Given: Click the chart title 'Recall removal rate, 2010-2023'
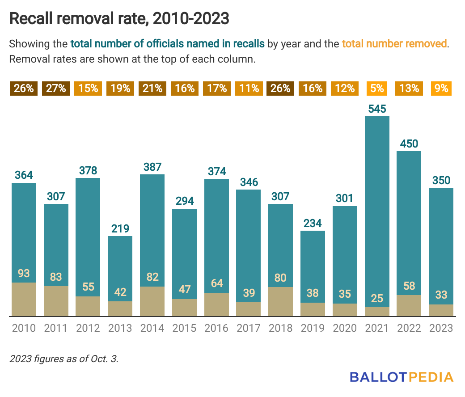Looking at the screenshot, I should [x=119, y=19].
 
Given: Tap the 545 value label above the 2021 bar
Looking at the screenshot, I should [x=376, y=109].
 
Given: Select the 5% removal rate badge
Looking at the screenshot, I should [x=376, y=89].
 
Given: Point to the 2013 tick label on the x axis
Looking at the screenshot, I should [x=120, y=328].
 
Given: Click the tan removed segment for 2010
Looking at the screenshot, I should [x=24, y=300].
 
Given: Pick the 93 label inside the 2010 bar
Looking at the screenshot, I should [x=24, y=273].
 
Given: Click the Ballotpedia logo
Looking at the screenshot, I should [x=401, y=377].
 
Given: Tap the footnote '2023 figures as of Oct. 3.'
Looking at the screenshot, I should [x=64, y=359].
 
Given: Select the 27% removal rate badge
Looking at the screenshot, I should [x=56, y=89].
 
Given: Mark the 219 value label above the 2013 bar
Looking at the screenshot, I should [x=120, y=229].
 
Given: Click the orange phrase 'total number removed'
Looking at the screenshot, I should [x=394, y=44].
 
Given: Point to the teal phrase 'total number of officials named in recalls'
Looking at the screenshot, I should [x=168, y=44].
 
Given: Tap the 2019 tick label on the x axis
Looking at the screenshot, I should [x=313, y=328].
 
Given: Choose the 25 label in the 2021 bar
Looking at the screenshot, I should [x=376, y=298].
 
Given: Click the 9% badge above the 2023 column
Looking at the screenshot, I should [x=441, y=89].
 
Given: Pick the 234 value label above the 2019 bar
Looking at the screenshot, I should [x=313, y=223].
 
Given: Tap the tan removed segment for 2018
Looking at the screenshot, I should [x=280, y=302].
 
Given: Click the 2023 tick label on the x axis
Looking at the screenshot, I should [x=441, y=328].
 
